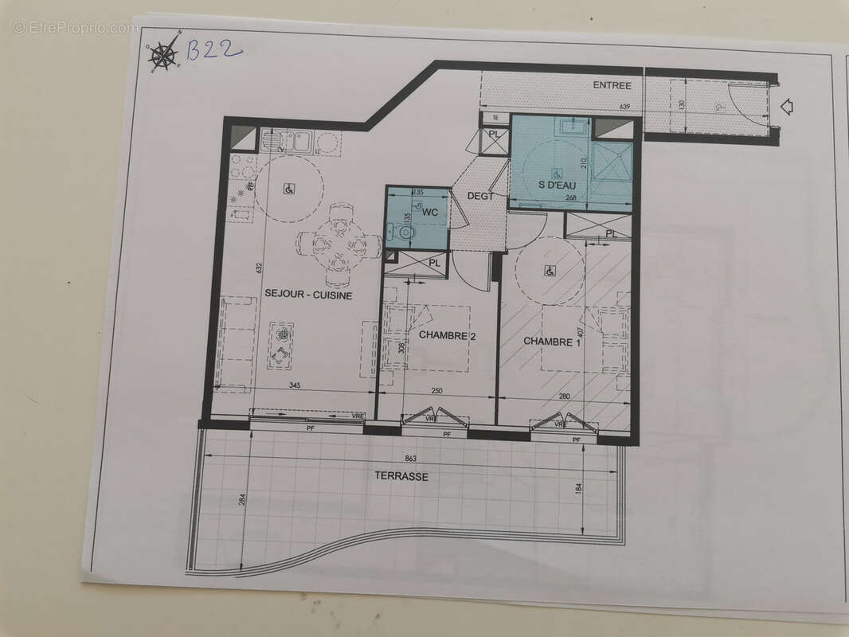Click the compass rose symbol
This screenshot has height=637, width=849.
pyautogui.click(x=164, y=54)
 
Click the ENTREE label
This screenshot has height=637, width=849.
pyautogui.click(x=612, y=86)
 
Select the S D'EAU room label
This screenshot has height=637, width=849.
pyautogui.click(x=558, y=186)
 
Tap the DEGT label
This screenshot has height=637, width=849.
pyautogui.click(x=481, y=196)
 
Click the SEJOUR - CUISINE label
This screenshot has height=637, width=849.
pyautogui.click(x=309, y=295)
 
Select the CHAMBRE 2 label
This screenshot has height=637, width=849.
pyautogui.click(x=447, y=336)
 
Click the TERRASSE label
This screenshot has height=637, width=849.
pyautogui.click(x=401, y=477)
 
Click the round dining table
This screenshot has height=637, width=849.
pyautogui.click(x=338, y=244)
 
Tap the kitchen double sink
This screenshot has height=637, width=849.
pyautogui.click(x=294, y=143)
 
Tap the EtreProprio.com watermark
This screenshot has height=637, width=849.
pyautogui.click(x=75, y=28)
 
